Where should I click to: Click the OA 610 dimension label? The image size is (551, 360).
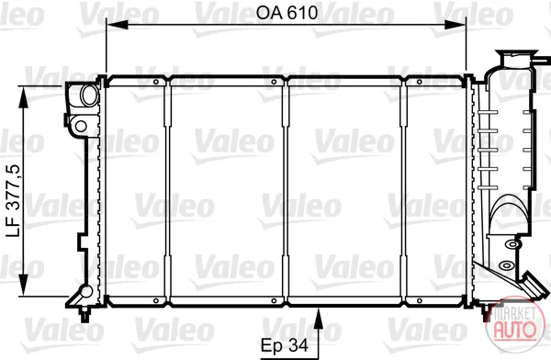point(287,13)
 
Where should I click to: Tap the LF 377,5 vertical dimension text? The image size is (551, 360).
point(15,201)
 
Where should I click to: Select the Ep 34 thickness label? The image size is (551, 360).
point(285,345)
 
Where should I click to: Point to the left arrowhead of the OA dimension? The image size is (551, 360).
point(117,25)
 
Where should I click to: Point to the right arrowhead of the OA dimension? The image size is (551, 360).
point(455,25)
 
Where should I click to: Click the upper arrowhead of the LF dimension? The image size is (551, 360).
point(23,96)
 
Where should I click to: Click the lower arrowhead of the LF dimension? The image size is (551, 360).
point(23,285)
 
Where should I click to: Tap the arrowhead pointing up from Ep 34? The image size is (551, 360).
point(319,319)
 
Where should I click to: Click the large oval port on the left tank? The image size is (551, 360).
point(90,95)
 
